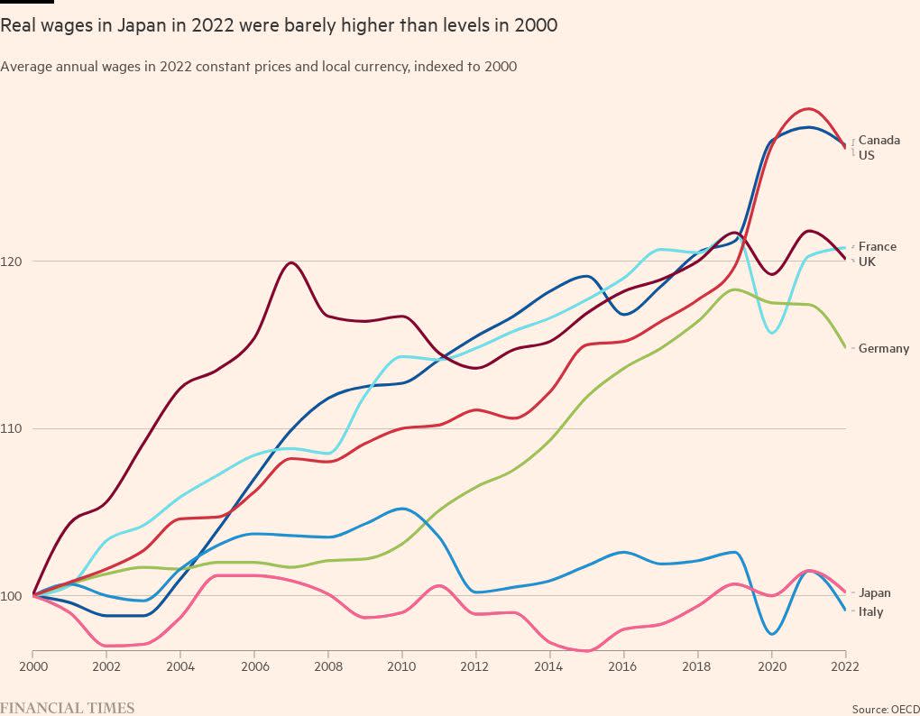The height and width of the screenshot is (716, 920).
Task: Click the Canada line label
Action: click(x=879, y=141)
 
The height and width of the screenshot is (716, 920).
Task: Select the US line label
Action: click(x=866, y=155)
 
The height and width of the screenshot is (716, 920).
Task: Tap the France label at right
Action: click(x=877, y=246)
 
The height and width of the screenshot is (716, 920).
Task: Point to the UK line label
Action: click(x=867, y=262)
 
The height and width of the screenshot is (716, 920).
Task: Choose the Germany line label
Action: click(x=883, y=348)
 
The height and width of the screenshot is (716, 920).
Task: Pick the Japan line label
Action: click(x=874, y=592)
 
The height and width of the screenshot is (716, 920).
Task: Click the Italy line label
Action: click(x=870, y=611)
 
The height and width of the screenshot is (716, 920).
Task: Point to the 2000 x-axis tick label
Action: click(x=32, y=666)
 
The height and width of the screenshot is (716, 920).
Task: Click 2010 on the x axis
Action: click(x=401, y=666)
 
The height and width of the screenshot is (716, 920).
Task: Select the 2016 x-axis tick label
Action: click(x=623, y=666)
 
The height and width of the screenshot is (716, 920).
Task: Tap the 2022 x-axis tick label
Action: click(x=844, y=666)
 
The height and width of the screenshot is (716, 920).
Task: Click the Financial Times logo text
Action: click(x=67, y=708)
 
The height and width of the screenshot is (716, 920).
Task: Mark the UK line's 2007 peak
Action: click(x=290, y=262)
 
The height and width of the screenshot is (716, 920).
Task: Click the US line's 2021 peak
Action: click(x=807, y=109)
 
